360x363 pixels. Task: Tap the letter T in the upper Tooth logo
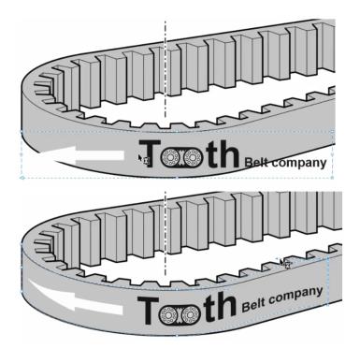point(150,153)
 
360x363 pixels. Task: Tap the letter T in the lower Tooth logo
point(149,310)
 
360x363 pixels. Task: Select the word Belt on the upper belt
point(256,162)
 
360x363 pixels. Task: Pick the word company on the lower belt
point(295,296)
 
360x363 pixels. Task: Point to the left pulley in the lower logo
point(167,315)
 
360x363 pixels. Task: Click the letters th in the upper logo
point(223,154)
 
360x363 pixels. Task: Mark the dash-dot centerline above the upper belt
point(166,34)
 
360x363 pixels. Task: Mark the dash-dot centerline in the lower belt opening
point(166,264)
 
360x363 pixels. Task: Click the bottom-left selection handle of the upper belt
point(22,178)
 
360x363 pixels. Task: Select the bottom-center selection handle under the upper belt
point(177,178)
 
